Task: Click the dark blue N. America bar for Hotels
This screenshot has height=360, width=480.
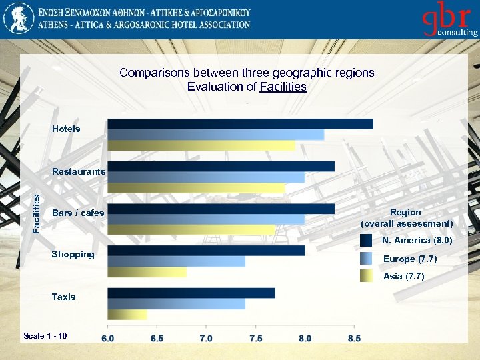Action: pos(240,123)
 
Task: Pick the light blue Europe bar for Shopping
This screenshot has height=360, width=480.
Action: pos(176,261)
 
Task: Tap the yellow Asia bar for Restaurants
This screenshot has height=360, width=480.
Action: pos(196,188)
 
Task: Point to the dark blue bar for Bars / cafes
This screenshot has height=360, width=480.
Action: pos(221,209)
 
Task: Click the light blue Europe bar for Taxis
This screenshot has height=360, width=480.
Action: pos(176,304)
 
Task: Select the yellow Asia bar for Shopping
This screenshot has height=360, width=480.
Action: pos(147,272)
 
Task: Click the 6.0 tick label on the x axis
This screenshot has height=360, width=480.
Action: pos(107,338)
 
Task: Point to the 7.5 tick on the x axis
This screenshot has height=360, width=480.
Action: pos(255,338)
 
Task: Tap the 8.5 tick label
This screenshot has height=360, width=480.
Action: pos(354,338)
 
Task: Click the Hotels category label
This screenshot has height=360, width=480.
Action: pos(66,129)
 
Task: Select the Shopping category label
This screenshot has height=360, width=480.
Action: pos(73,254)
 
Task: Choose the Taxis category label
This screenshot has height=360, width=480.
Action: pos(63,297)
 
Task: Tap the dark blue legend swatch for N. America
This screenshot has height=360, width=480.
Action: pos(366,241)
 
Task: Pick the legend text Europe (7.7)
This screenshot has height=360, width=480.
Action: pos(407,259)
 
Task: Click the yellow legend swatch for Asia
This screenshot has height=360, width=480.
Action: pos(366,276)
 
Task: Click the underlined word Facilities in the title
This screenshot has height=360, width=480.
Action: pos(283,87)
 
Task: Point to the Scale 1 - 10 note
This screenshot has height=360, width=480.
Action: pos(45,335)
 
